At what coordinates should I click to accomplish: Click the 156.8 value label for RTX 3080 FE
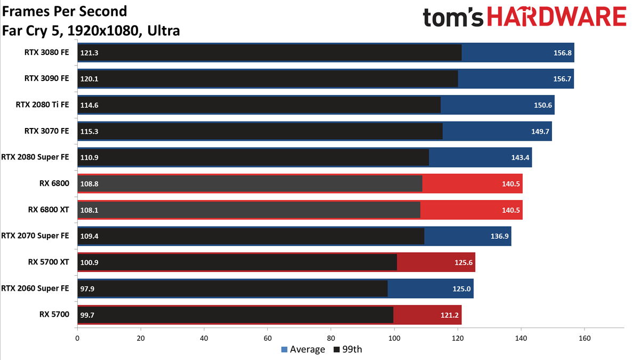click(x=563, y=53)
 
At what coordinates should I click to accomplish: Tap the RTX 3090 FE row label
click(x=46, y=78)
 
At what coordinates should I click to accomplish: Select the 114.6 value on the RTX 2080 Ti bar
click(x=89, y=105)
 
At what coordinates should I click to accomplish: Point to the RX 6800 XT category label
click(x=49, y=210)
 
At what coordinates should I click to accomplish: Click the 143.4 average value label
click(x=520, y=157)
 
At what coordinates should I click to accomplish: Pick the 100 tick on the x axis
click(x=394, y=338)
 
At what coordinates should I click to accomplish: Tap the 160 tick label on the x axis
click(x=585, y=338)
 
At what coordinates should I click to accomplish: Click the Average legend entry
click(x=303, y=349)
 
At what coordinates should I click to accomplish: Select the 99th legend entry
click(x=348, y=349)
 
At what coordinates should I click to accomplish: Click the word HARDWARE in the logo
click(x=557, y=17)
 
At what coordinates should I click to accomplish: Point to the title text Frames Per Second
click(x=65, y=12)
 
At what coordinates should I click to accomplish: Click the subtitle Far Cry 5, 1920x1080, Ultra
click(x=91, y=30)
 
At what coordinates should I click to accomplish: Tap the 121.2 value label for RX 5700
click(x=450, y=315)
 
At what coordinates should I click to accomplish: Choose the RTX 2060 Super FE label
click(x=35, y=289)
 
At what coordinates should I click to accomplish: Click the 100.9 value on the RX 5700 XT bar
click(x=89, y=262)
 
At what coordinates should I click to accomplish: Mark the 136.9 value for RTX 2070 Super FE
click(x=499, y=236)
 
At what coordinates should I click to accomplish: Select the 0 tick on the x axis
click(x=77, y=338)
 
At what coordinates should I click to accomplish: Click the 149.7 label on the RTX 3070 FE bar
click(x=540, y=131)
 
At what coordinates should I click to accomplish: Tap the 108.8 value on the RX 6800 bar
click(x=89, y=183)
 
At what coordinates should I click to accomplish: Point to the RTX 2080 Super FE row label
click(x=35, y=157)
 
